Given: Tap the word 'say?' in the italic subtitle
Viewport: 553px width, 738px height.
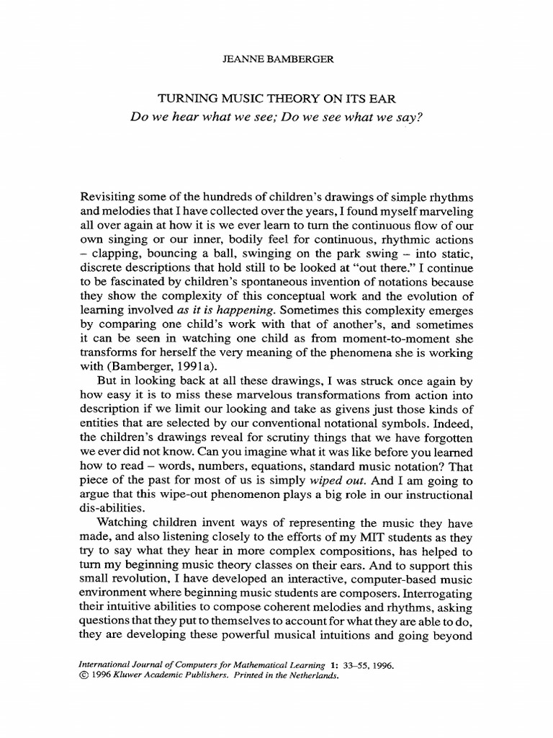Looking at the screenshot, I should point(405,117).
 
